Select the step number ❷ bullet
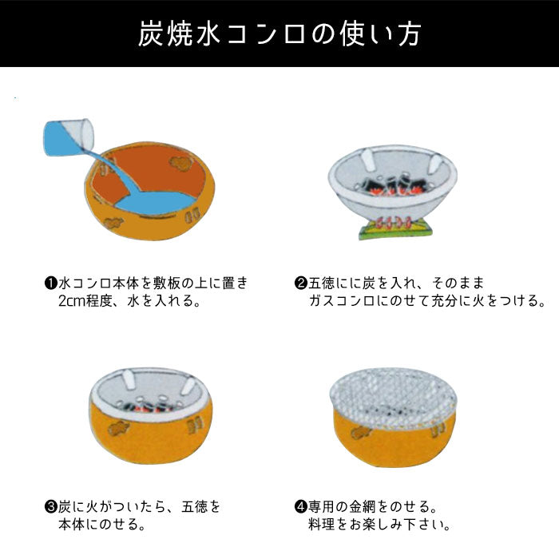click(301, 283)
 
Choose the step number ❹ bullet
click(301, 506)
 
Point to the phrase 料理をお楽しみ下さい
click(379, 526)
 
